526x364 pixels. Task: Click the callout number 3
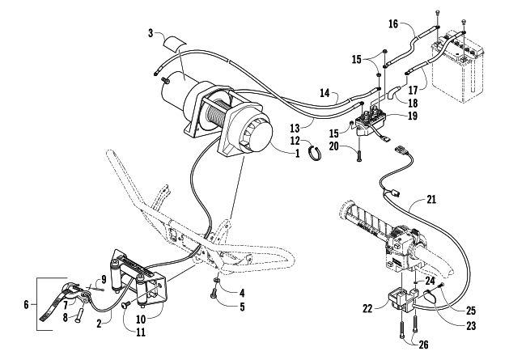(151, 33)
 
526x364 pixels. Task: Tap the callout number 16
(393, 24)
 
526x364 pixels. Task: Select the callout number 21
(431, 200)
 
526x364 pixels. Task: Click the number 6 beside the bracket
(26, 305)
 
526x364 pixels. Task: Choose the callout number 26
(424, 345)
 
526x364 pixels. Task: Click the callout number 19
(413, 116)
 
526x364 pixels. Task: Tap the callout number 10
(141, 319)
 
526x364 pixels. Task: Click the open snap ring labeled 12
(315, 152)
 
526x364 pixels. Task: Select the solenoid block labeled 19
(370, 121)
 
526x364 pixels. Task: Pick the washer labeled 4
(217, 280)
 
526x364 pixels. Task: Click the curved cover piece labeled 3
(175, 42)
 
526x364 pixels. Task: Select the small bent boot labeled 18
(393, 92)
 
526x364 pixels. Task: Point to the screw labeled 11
(127, 304)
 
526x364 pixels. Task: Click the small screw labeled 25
(442, 285)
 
